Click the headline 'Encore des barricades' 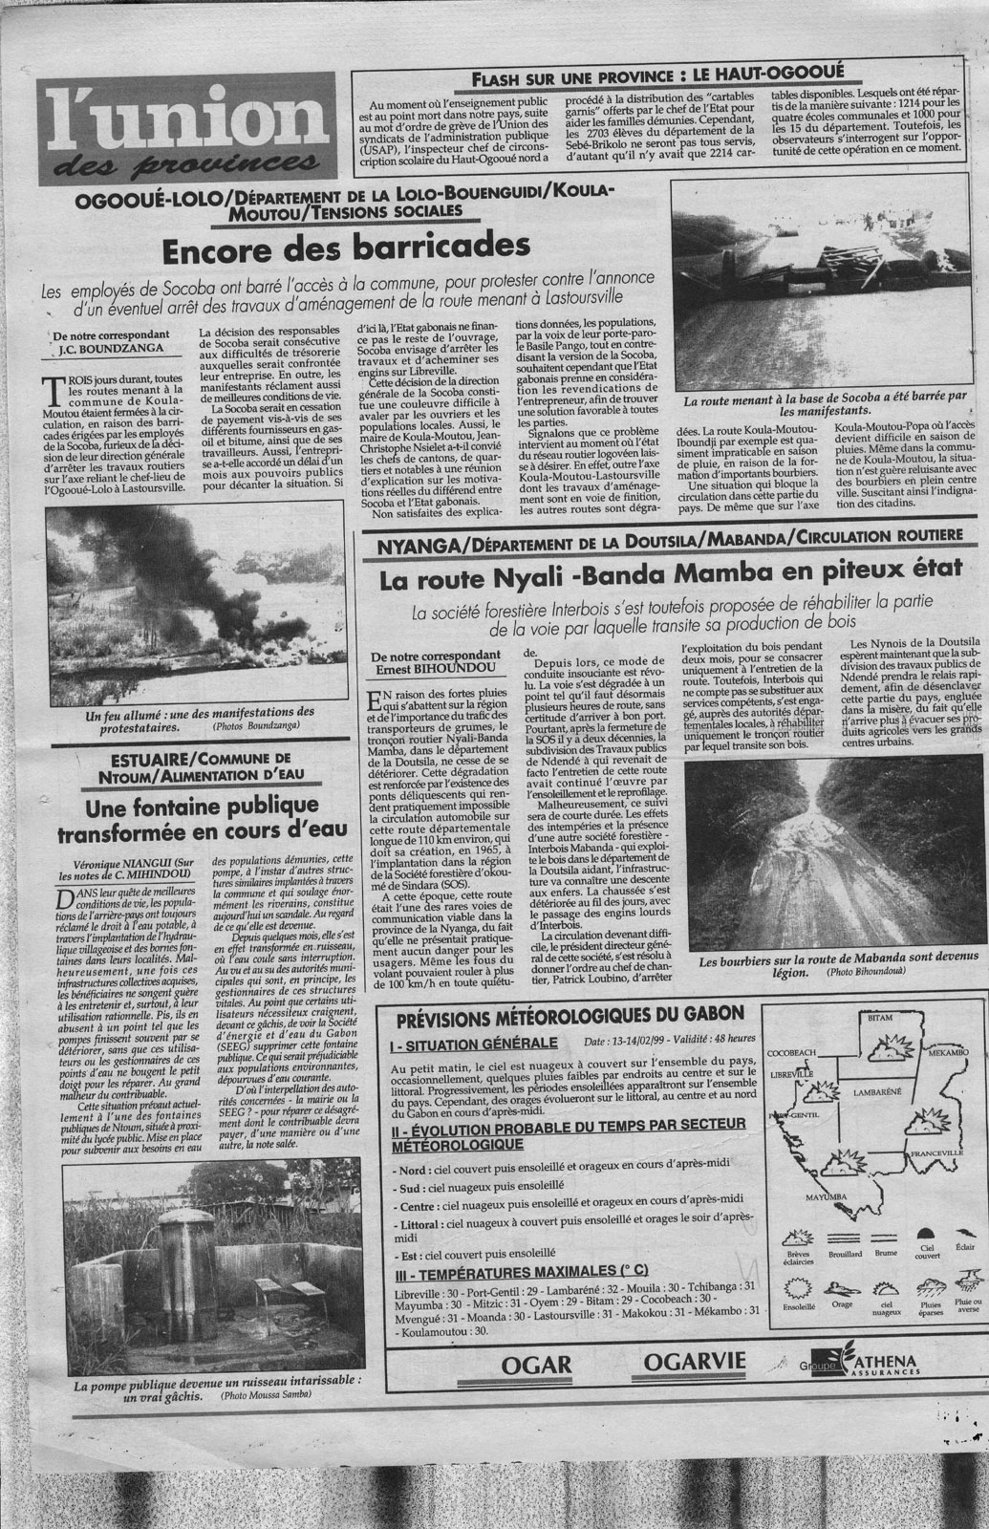click(x=345, y=249)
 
